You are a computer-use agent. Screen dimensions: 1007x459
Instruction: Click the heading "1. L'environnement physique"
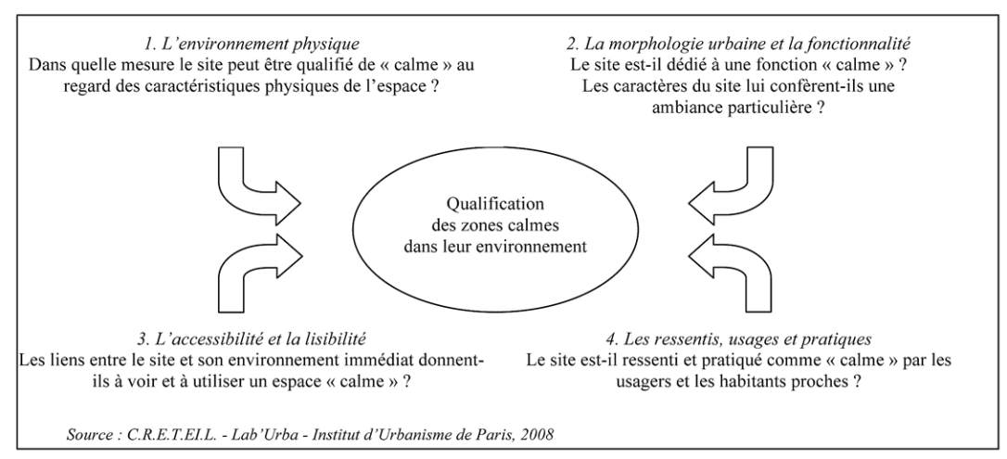[252, 45]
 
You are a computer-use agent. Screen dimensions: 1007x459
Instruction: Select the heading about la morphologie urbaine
[738, 45]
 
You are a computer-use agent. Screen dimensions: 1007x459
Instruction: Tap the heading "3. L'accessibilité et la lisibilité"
[252, 338]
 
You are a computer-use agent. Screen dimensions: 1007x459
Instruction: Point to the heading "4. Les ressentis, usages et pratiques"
[738, 338]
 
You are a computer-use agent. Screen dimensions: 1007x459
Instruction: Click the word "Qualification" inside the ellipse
[495, 204]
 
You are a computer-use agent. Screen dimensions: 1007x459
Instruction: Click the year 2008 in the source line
[537, 435]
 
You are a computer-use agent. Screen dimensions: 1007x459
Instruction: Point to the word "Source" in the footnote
[88, 435]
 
